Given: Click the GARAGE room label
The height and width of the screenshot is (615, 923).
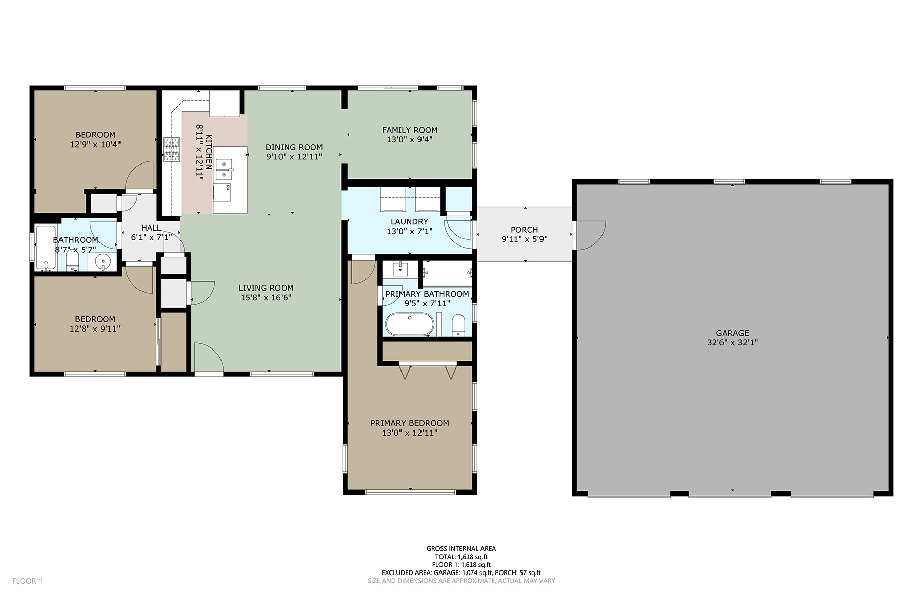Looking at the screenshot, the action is (x=732, y=333).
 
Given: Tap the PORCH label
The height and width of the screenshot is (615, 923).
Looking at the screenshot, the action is (x=524, y=230).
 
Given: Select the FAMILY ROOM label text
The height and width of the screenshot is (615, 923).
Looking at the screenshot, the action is (x=410, y=130).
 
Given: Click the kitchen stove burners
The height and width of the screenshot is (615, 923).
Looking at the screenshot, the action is (x=172, y=150).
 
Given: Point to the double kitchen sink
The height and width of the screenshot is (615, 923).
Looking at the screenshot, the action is (x=225, y=170).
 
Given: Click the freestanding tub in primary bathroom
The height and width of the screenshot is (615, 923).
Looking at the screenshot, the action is (x=410, y=324).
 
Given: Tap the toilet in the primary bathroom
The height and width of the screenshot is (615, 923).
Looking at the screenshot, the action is (x=458, y=326).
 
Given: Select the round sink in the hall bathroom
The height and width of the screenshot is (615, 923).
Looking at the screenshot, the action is (x=103, y=262).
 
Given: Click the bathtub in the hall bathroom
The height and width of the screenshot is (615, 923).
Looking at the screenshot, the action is (x=46, y=248).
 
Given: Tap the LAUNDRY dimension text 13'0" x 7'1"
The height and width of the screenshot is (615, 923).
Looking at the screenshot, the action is (x=409, y=232).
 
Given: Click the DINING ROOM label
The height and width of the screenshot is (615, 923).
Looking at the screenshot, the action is (x=294, y=147).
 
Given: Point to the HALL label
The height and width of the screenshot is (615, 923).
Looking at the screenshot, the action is (x=151, y=228).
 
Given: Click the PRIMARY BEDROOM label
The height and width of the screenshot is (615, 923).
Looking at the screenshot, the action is (x=410, y=423).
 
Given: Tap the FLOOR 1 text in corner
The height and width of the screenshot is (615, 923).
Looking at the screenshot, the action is (x=27, y=581).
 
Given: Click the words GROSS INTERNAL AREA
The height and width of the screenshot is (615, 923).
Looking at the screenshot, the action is (x=461, y=548).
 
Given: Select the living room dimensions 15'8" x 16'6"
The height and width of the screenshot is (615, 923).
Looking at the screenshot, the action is (x=266, y=298).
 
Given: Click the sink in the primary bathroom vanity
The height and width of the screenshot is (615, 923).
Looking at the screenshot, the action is (x=400, y=269).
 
